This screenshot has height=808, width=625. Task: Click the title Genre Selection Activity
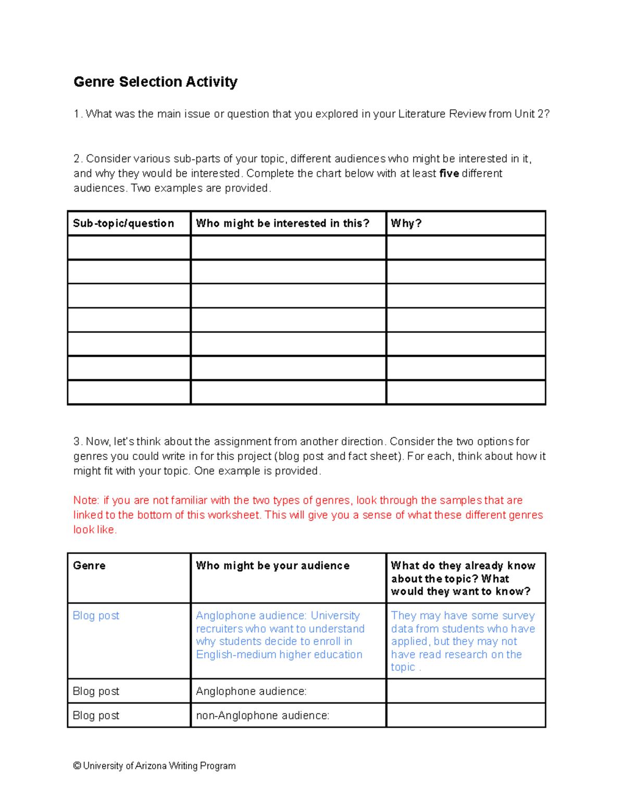tap(155, 82)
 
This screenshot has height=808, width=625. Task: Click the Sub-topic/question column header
tap(123, 223)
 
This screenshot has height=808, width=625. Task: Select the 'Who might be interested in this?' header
tap(282, 223)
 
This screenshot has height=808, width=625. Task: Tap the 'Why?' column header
tap(406, 223)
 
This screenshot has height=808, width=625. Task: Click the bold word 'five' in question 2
tap(449, 173)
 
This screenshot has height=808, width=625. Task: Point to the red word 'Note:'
tap(86, 501)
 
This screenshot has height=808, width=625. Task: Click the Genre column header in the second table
tap(89, 566)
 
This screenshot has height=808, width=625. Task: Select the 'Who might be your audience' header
tap(272, 566)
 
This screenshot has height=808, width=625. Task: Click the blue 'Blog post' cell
tap(96, 615)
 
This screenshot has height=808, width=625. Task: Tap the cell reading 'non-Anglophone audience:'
tap(262, 715)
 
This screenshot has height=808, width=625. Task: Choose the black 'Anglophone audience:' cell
tap(251, 691)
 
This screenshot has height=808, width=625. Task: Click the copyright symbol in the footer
tap(77, 766)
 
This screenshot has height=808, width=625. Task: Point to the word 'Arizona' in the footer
tap(151, 766)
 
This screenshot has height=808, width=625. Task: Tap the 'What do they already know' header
tap(463, 566)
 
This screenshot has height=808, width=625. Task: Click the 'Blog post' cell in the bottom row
tap(96, 715)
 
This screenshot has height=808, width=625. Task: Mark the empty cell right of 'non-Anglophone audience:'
tap(466, 715)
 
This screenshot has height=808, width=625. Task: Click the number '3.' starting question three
tap(78, 442)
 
